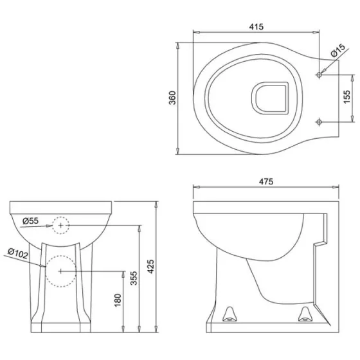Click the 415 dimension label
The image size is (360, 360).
[256, 27]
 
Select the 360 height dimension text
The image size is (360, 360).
[172, 98]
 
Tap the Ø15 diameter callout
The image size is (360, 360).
[338, 50]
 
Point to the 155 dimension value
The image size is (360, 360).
[347, 96]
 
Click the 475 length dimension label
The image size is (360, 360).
[266, 181]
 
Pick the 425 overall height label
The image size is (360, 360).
[150, 266]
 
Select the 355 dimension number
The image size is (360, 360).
[134, 278]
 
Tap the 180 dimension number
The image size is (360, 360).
[117, 300]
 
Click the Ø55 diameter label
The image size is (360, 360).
[31, 221]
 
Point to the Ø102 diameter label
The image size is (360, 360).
[18, 253]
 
